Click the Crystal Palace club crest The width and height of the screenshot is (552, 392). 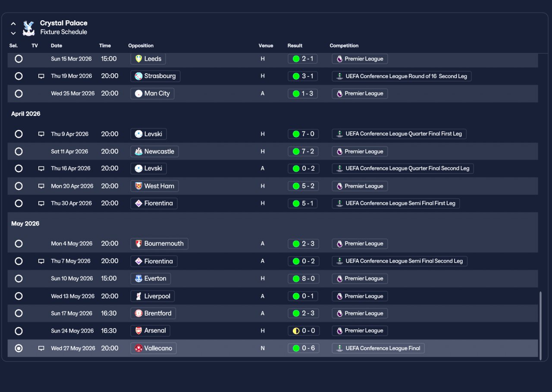tap(28, 28)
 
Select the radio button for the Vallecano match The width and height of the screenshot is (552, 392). tap(19, 348)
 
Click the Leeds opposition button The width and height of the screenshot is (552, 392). tap(148, 59)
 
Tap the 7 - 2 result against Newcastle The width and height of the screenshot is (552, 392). tap(303, 151)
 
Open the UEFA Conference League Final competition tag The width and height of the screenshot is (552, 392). tap(378, 348)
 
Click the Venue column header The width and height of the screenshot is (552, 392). tap(266, 46)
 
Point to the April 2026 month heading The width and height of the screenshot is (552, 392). tap(26, 114)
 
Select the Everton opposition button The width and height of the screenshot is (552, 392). tap(151, 279)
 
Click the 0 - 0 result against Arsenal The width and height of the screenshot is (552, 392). tap(303, 331)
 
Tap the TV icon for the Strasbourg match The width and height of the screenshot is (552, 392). tap(41, 76)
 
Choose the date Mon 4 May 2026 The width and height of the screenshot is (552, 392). tap(72, 244)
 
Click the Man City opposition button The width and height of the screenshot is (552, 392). tap(152, 94)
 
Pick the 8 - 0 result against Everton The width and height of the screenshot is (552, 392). tap(303, 279)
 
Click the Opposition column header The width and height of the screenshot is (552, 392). tap(141, 46)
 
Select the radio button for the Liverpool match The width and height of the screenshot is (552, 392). tap(19, 296)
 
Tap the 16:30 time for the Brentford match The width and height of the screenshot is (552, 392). tap(109, 314)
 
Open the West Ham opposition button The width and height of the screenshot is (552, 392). tap(154, 186)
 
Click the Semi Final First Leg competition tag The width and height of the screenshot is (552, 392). tap(395, 203)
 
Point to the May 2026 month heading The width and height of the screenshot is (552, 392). tap(25, 223)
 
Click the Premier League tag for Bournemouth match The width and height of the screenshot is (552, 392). tap(360, 244)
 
